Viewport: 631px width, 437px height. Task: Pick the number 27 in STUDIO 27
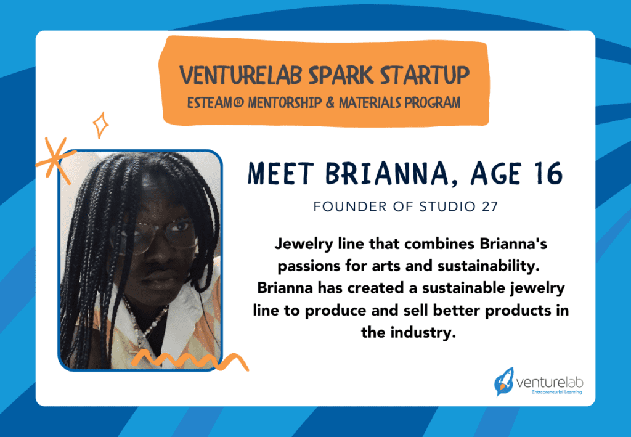(487, 206)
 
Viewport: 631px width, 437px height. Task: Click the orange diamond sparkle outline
(100, 125)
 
